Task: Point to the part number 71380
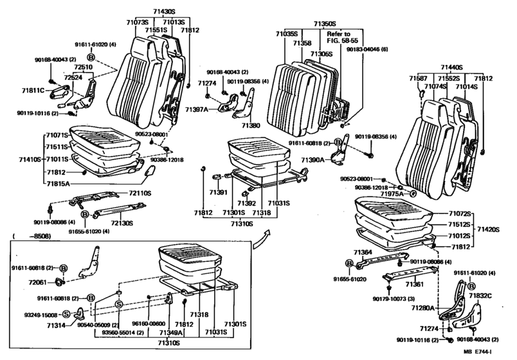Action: [250, 125]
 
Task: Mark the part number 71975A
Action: [391, 194]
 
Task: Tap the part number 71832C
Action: [480, 295]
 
